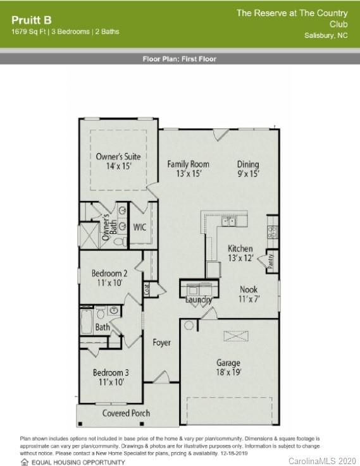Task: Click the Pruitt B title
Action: pos(31,20)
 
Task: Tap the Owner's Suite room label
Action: pos(118,161)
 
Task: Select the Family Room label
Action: pos(188,168)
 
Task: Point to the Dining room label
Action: pos(248,168)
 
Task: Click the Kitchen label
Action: pos(240,253)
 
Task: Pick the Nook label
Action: pos(248,294)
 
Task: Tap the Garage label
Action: pos(228,367)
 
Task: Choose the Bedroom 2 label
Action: pos(109,278)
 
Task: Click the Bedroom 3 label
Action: pos(111,377)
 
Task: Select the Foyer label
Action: pos(162,343)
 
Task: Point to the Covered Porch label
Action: pos(126,414)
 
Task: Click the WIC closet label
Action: pos(140,227)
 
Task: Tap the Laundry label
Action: pos(198,300)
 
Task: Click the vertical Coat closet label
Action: pos(147,289)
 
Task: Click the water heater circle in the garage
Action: pos(188,325)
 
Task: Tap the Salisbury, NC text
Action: pos(326,35)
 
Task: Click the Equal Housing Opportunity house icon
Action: pos(25,462)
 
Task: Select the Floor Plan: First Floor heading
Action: pos(180,59)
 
